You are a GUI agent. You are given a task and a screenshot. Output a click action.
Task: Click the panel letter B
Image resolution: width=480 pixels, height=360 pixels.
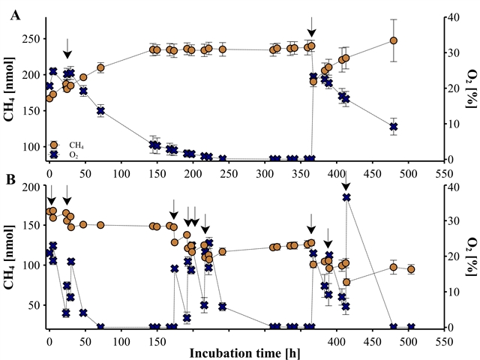pos(11,180)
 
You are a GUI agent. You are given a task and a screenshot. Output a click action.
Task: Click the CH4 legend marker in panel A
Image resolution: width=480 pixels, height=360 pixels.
pos(54,144)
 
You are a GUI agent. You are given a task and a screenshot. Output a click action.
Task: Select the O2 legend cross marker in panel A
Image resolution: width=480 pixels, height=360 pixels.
pos(54,154)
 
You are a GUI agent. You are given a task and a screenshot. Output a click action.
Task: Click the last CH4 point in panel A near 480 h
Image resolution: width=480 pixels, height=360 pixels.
pos(393,40)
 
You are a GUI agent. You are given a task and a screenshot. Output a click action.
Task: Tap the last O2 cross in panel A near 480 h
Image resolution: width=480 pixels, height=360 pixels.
pos(393,127)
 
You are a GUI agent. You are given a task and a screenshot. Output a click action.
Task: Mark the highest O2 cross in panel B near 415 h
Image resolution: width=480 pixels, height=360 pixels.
pos(346,197)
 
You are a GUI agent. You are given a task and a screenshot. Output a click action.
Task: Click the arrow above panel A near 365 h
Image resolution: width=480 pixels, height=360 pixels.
pos(311,27)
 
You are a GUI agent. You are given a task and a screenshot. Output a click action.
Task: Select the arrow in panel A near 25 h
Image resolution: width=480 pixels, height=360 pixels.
pos(67,49)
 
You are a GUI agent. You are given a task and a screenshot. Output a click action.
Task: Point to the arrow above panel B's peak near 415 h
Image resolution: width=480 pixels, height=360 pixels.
pos(346,178)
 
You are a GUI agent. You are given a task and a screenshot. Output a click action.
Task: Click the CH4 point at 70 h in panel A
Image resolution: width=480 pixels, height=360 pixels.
pos(100,67)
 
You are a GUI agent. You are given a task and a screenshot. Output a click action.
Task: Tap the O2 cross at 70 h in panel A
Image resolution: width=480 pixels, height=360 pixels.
pos(100,111)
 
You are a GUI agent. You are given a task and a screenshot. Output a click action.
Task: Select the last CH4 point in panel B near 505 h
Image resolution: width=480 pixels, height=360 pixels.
pos(411,269)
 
